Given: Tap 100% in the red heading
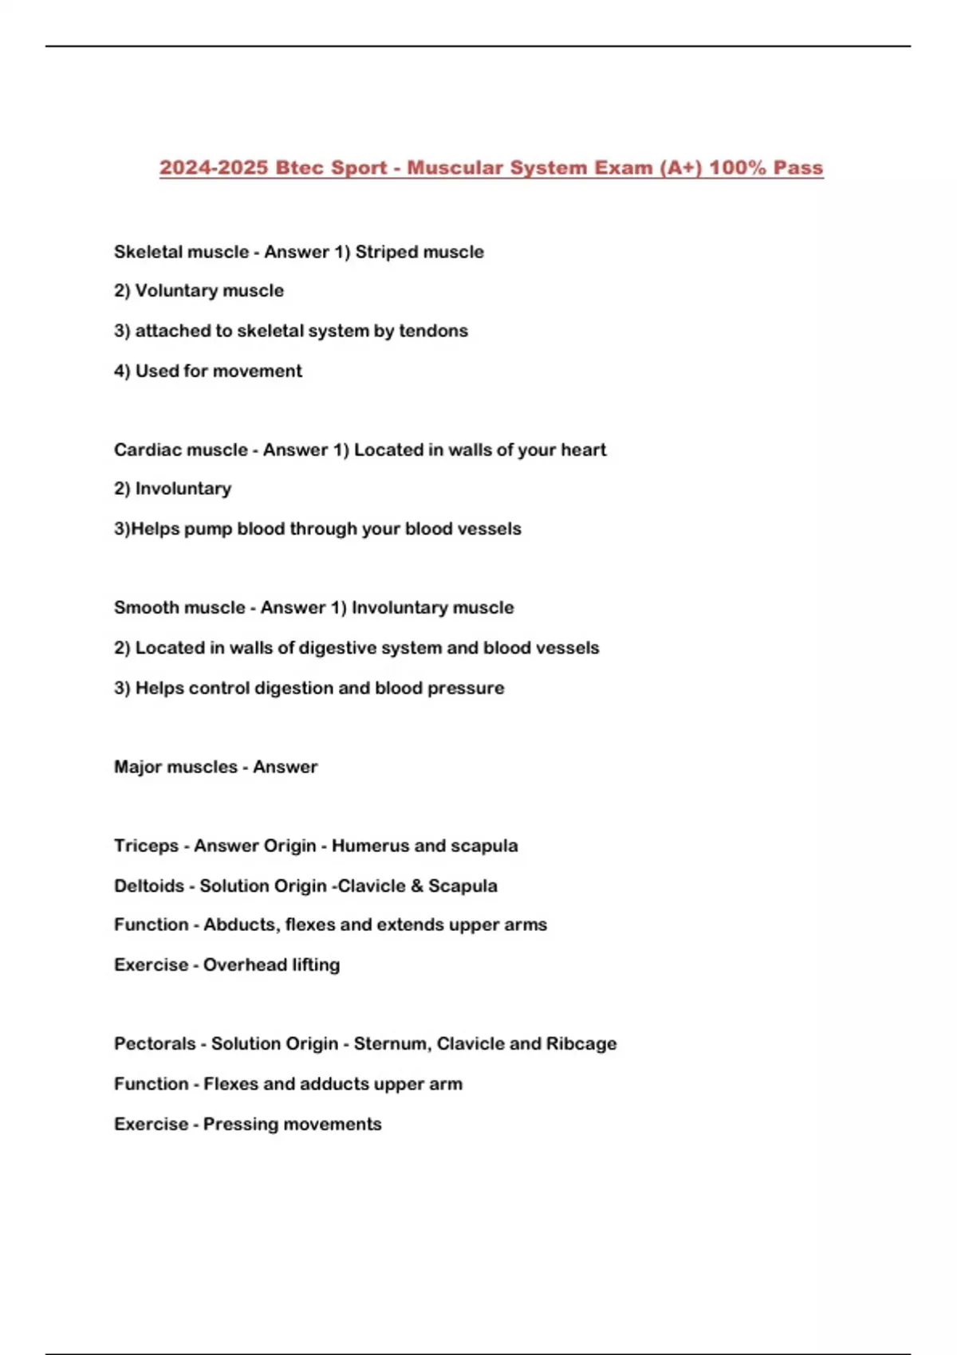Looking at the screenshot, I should coord(737,168).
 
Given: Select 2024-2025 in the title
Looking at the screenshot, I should coord(213,168).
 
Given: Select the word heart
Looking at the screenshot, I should coord(583,450).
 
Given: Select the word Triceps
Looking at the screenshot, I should coord(146,846).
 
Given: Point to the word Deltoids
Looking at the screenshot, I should coord(149,886).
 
